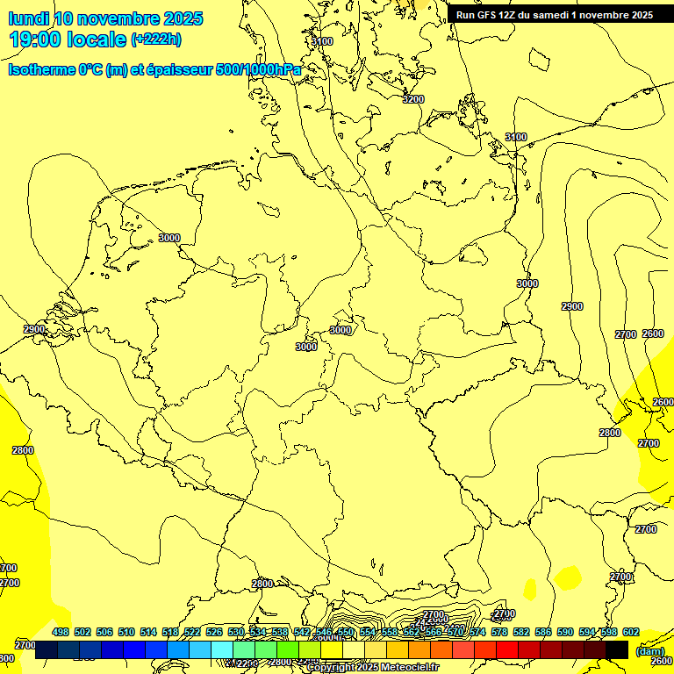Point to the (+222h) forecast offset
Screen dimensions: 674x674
156,39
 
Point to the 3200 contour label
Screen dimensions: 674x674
412,99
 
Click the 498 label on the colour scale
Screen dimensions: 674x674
61,632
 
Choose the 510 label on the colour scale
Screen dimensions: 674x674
126,632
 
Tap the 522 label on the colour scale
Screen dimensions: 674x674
192,632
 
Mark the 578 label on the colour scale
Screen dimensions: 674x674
499,632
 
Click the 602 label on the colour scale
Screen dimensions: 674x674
631,632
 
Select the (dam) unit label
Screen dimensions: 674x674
649,651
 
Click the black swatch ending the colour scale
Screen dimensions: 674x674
617,649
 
